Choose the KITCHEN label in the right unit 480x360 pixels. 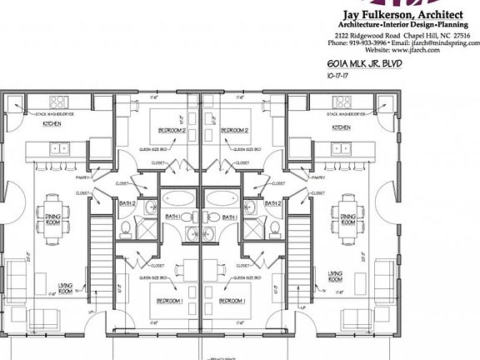(x=342, y=128)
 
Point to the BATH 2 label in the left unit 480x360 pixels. (x=127, y=203)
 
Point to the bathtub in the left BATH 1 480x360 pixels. (x=177, y=198)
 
